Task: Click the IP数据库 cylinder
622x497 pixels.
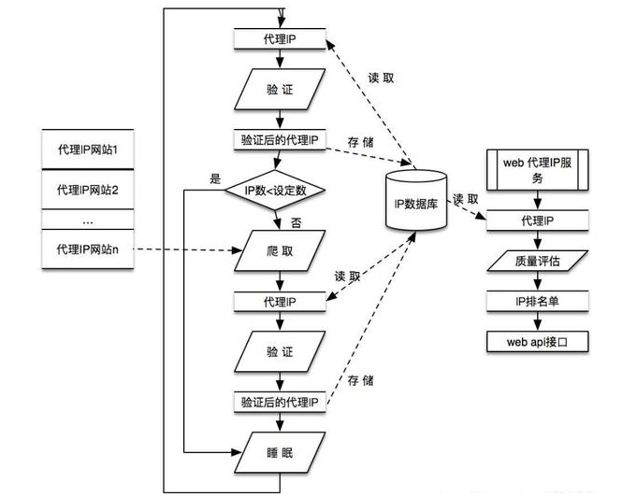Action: click(416, 201)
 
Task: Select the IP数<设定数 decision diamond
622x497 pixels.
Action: click(275, 191)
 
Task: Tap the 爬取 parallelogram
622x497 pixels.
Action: click(280, 251)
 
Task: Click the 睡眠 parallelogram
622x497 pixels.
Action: click(280, 452)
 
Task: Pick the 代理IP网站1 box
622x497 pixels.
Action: click(88, 149)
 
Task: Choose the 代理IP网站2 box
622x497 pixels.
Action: click(88, 190)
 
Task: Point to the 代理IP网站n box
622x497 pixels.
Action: click(88, 249)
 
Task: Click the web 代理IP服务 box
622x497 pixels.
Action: click(538, 170)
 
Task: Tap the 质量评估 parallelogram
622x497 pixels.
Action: click(538, 261)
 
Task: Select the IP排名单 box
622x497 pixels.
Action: click(538, 301)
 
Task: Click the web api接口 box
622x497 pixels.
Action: click(538, 342)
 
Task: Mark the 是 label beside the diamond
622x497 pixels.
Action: click(215, 178)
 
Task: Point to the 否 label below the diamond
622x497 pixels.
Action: click(296, 222)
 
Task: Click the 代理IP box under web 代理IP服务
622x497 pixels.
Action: click(538, 220)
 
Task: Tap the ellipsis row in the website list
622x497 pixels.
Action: click(88, 220)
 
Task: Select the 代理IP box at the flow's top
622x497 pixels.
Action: click(280, 39)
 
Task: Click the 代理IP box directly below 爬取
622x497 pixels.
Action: click(280, 302)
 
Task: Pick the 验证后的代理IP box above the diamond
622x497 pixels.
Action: click(280, 139)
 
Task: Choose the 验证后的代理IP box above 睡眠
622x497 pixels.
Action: click(280, 403)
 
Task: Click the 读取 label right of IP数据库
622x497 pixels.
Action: click(465, 199)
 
